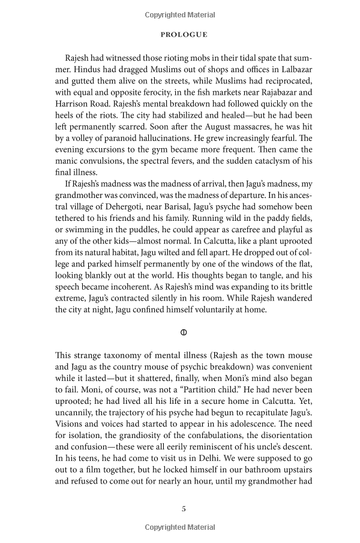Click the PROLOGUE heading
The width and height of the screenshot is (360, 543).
184,35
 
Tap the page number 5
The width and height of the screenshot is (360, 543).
184,508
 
